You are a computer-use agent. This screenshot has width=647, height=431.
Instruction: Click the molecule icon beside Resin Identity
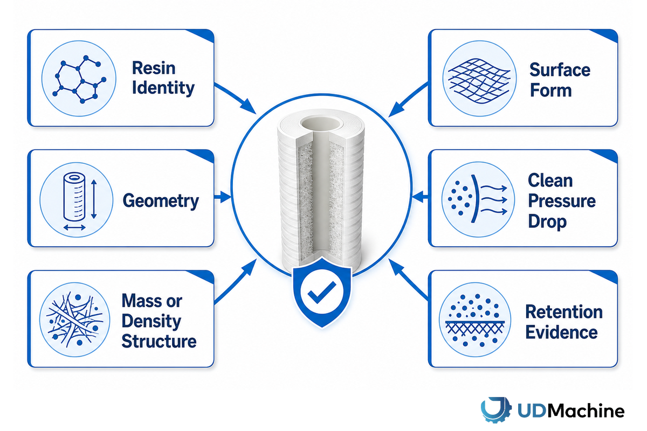click(79, 79)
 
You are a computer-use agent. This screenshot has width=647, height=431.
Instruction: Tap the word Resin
click(154, 68)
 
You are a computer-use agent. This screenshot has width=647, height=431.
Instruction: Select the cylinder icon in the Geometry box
click(74, 197)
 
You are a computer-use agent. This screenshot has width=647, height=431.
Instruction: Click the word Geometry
click(161, 201)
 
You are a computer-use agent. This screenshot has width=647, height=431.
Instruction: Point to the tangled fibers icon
click(75, 319)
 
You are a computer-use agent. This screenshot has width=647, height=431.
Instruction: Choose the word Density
click(152, 321)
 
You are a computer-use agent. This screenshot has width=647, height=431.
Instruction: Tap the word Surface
click(560, 70)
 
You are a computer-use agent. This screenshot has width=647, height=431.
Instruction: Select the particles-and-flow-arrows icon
click(478, 199)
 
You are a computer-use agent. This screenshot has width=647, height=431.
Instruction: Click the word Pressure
click(562, 200)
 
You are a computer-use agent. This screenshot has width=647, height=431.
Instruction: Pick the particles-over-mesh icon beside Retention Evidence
click(475, 319)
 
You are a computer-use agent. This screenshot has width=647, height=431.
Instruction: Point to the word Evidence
click(561, 332)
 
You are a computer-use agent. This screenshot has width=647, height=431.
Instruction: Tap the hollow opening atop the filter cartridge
click(320, 123)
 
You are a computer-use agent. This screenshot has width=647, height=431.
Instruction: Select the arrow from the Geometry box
click(222, 197)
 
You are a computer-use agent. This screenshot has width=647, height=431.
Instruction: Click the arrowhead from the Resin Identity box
click(249, 107)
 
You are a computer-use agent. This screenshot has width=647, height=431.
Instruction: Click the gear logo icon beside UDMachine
click(496, 410)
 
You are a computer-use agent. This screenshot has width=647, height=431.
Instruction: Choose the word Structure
click(159, 341)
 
